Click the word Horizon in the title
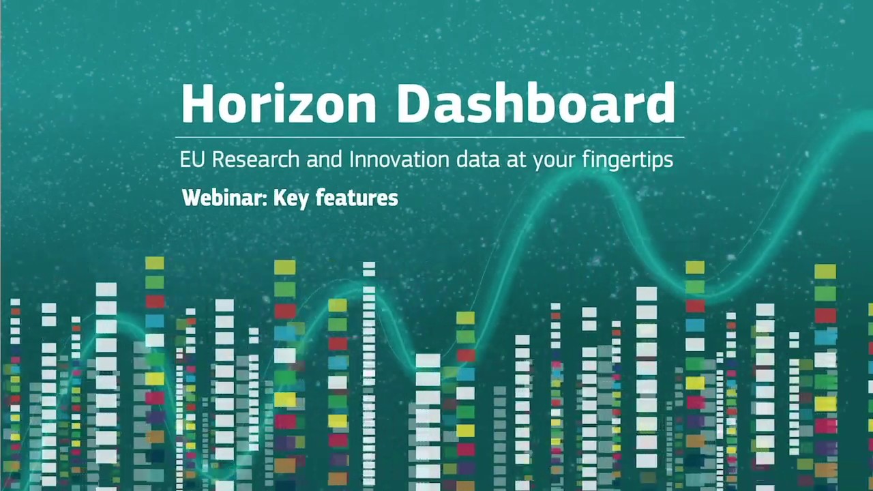(278, 104)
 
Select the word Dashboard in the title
(536, 104)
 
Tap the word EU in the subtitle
(192, 160)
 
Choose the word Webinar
(224, 198)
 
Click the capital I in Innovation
(352, 160)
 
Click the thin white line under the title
(430, 137)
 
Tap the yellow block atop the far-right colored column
(825, 271)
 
